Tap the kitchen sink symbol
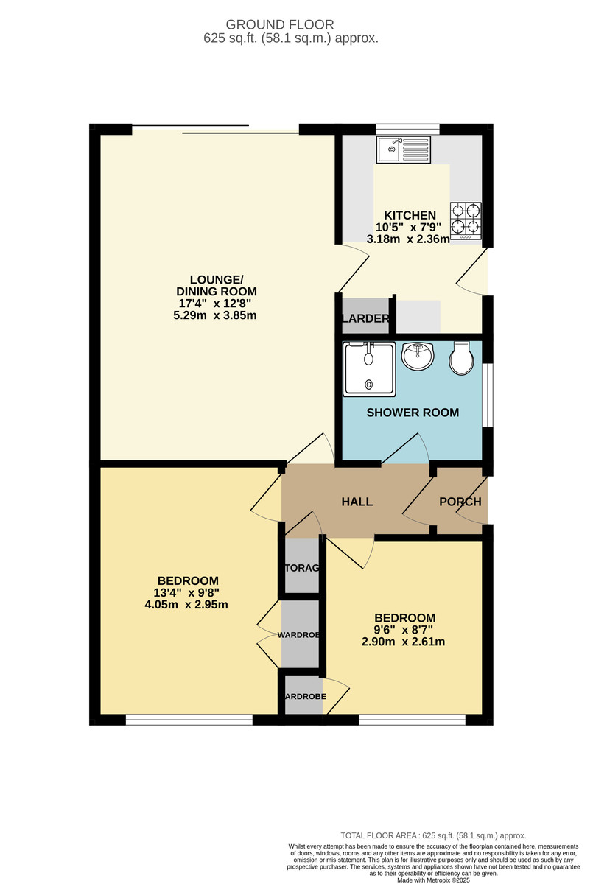(403, 150)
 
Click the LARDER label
(365, 319)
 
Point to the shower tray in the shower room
(368, 369)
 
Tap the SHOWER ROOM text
(413, 413)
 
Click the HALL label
(357, 502)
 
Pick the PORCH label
(460, 502)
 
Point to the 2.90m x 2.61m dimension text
(404, 642)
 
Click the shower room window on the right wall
(488, 394)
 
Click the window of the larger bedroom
(189, 720)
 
